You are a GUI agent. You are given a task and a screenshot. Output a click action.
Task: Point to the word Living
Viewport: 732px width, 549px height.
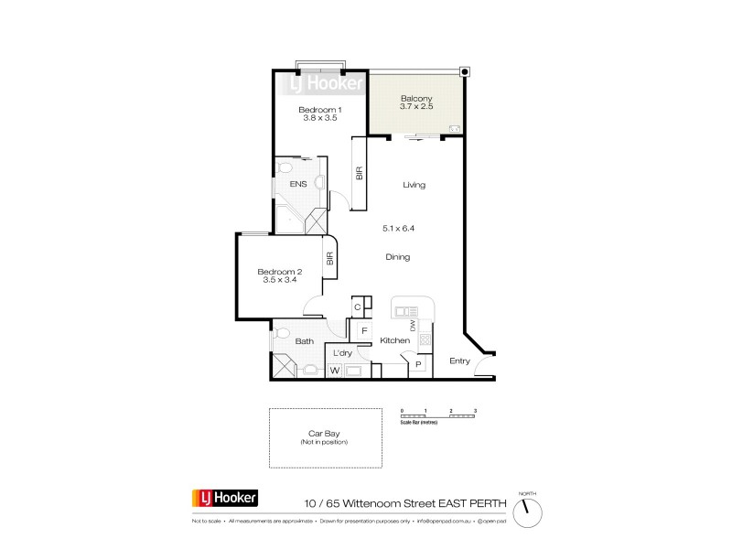pos(414,185)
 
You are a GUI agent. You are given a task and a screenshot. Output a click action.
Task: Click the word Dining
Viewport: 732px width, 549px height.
pos(397,257)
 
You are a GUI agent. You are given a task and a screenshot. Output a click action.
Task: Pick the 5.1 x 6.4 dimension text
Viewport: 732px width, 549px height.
pos(398,228)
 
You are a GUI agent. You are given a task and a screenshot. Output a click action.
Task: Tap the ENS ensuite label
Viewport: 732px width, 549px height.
pos(298,184)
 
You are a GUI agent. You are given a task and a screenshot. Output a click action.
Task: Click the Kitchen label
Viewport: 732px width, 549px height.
pos(395,340)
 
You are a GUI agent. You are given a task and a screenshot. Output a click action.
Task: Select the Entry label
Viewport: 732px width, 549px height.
pos(459,361)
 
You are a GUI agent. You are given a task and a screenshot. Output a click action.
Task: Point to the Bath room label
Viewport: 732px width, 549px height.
pos(305,342)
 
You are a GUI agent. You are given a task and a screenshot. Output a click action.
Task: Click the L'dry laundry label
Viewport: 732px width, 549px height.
pos(343,352)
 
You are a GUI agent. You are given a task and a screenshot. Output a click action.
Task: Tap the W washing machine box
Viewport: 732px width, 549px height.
pos(334,371)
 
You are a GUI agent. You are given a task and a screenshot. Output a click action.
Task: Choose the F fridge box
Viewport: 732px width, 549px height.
pos(364,330)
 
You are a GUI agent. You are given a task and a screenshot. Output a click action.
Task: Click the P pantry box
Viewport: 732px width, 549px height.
pos(418,364)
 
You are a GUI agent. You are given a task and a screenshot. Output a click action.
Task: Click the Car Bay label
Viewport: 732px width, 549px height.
pos(325,436)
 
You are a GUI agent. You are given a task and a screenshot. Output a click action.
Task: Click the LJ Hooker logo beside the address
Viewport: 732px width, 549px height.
pos(225,499)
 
